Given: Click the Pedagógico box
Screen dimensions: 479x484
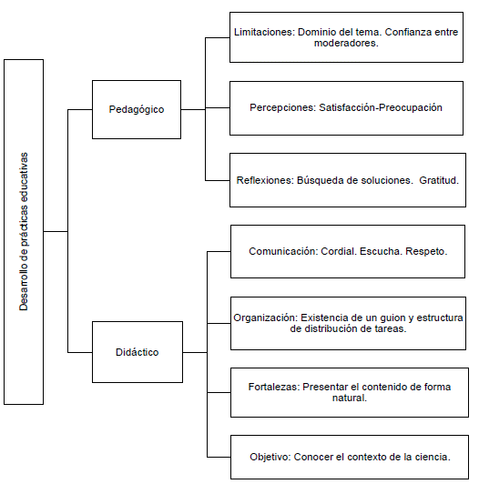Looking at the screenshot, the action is tap(137, 109).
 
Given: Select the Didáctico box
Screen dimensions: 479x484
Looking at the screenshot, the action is tap(138, 352).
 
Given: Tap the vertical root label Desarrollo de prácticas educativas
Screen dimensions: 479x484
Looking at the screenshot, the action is tap(24, 231).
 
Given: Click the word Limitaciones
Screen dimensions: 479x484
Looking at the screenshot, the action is tap(264, 32).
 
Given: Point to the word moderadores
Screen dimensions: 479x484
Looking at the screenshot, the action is tap(346, 43).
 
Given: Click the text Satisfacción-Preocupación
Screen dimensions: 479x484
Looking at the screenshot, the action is tap(381, 107).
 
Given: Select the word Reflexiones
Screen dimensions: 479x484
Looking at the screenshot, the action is tap(265, 180).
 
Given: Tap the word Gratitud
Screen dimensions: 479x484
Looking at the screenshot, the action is tap(439, 180).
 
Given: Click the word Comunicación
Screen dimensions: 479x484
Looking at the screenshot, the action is tap(283, 251).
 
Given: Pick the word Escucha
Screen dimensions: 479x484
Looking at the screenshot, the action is tap(381, 251).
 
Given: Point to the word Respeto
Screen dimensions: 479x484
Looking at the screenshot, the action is tap(426, 251).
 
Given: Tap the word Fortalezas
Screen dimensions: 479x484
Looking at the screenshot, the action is tap(274, 387).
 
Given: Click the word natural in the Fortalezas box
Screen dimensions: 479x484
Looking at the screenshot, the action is tap(350, 398).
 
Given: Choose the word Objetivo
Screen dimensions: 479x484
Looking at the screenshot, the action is tap(270, 457).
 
